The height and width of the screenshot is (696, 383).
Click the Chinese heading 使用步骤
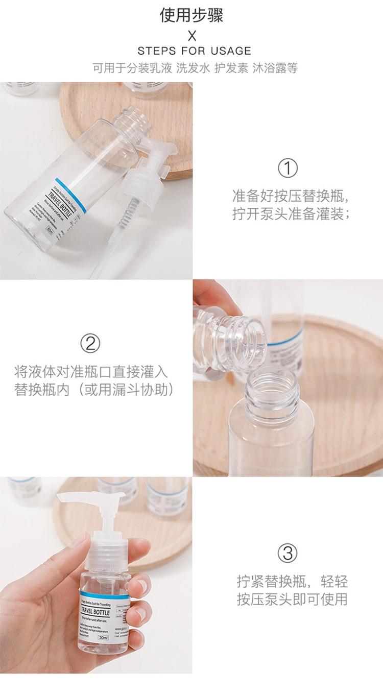[192, 16]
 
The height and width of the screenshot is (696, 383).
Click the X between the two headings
[192, 35]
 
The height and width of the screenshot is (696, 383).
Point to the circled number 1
[288, 168]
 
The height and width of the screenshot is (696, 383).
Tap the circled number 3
[288, 553]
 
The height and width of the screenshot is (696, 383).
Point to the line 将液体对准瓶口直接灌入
[91, 371]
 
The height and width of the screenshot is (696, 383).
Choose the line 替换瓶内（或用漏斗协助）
[94, 390]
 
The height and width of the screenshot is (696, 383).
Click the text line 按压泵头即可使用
[292, 599]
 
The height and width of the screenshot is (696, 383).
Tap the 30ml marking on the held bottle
[103, 638]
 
